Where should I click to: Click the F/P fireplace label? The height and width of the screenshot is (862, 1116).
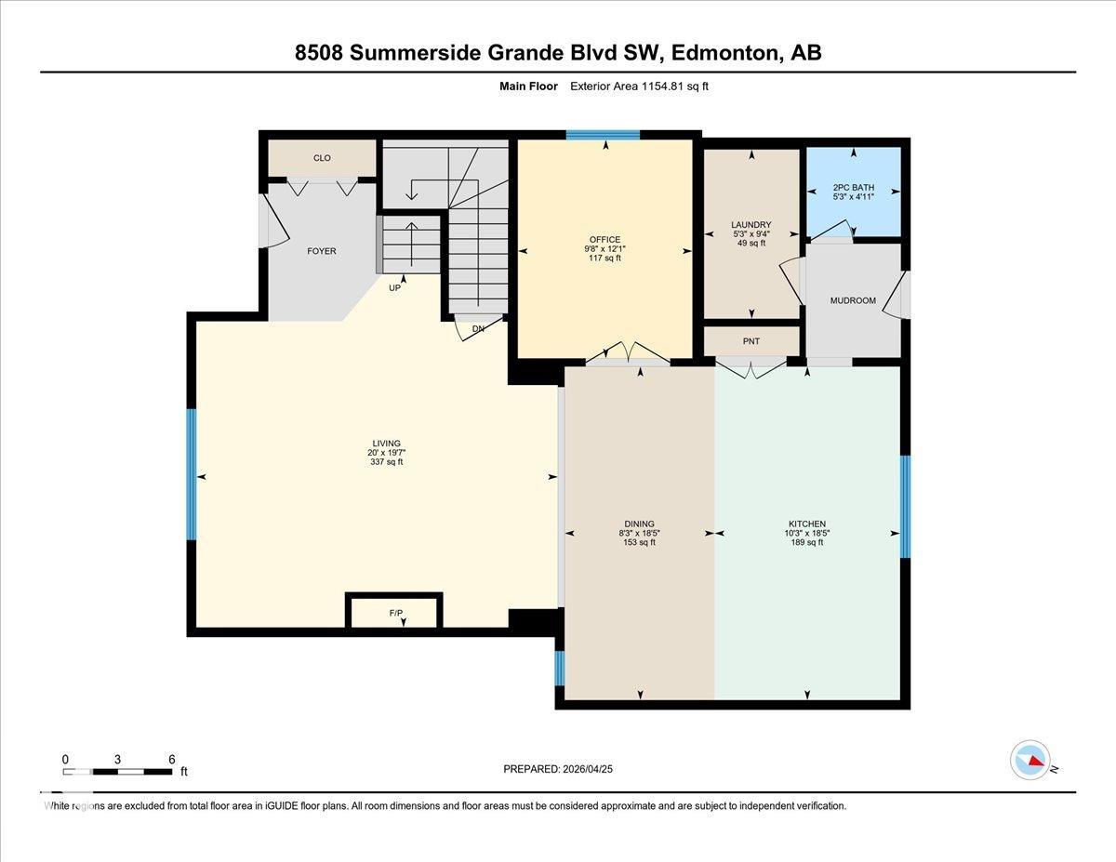[395, 613]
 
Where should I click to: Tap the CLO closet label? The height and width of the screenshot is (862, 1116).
[322, 158]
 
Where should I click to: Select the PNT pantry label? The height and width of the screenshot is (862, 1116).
[751, 341]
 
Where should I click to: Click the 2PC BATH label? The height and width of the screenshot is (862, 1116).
[853, 188]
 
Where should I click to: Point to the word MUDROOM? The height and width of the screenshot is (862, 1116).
[853, 300]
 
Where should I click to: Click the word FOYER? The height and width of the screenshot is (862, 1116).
[322, 251]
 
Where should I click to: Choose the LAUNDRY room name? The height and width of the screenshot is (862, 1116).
[751, 225]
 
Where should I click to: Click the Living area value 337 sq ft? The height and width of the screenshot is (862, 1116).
[386, 461]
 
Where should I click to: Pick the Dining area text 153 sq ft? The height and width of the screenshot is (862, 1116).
[639, 542]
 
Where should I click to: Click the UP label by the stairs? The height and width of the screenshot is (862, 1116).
[395, 289]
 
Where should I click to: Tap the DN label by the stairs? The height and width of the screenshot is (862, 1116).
[478, 329]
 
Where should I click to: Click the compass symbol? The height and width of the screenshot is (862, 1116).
[1030, 760]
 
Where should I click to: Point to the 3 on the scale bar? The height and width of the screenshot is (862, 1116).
[117, 760]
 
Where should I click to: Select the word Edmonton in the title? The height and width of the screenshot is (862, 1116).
[734, 53]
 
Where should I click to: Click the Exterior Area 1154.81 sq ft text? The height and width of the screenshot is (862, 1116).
[641, 86]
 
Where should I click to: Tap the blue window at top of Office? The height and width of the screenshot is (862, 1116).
[603, 135]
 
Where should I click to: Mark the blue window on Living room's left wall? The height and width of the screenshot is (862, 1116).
[192, 474]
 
